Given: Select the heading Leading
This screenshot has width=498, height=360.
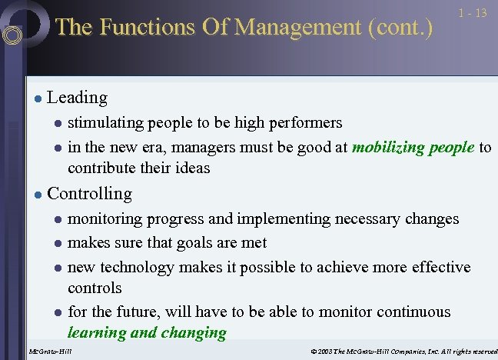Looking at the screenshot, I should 77,98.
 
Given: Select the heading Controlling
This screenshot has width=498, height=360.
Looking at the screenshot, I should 89,194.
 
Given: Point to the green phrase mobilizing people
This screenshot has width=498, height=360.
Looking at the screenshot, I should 413,148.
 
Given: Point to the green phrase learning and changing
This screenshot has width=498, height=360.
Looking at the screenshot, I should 147,333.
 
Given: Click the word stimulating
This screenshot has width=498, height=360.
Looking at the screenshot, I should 105,123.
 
